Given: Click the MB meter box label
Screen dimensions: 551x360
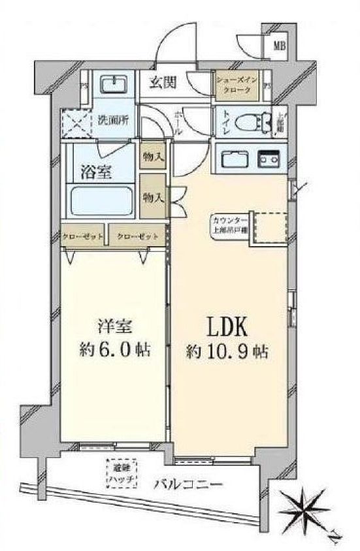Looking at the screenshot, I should (279, 46).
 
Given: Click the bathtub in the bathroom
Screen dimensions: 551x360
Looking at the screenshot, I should (102, 202).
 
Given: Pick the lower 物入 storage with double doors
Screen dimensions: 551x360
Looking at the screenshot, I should (155, 196).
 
